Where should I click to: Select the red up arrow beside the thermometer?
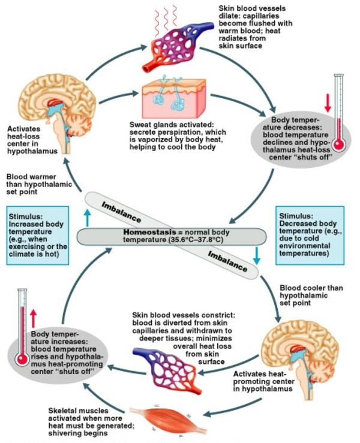point(34,318)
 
